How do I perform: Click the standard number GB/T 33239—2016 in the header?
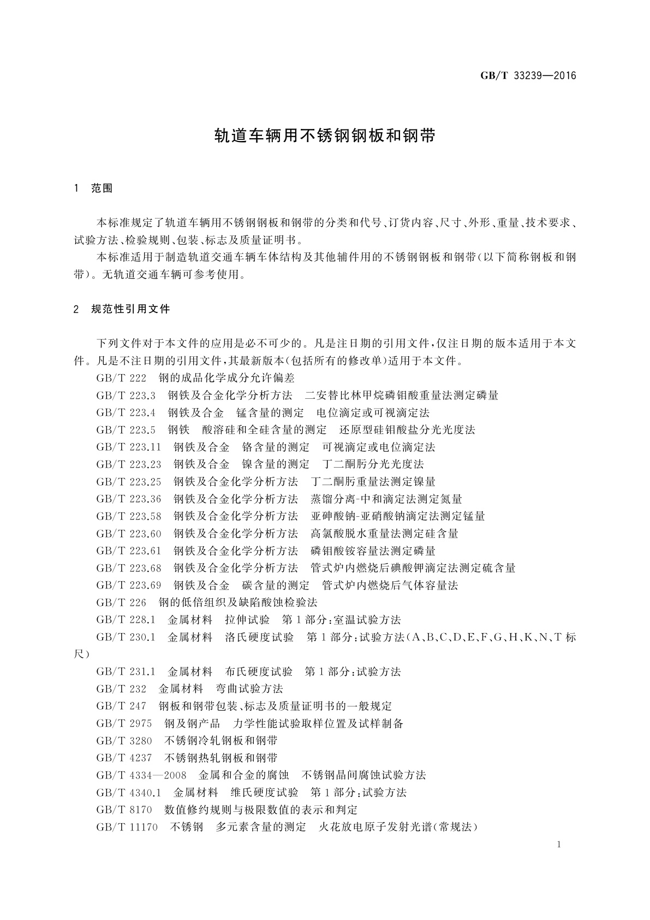point(528,76)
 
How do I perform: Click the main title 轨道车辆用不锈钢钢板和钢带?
point(325,135)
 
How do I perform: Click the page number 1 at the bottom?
point(559,845)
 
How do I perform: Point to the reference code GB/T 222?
point(121,378)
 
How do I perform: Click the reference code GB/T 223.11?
point(129,447)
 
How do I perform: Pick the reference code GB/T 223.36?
point(129,499)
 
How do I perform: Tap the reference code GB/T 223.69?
point(129,586)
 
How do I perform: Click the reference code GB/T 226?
point(121,603)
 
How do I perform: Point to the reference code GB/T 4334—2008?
point(141,775)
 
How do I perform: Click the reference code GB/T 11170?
point(127,827)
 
